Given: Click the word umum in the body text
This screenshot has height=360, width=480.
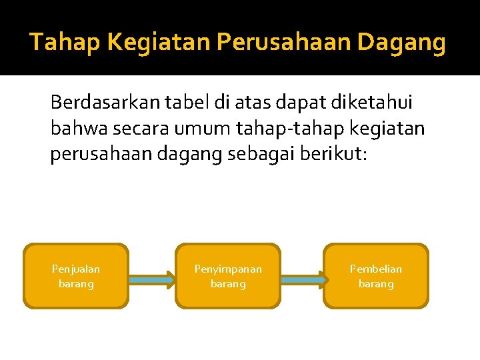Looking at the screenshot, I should pyautogui.click(x=190, y=127).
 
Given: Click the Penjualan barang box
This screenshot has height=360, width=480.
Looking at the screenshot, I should pyautogui.click(x=76, y=276).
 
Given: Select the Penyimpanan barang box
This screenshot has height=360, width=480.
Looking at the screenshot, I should pyautogui.click(x=228, y=276).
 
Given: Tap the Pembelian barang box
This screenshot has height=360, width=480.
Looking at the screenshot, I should pyautogui.click(x=376, y=276).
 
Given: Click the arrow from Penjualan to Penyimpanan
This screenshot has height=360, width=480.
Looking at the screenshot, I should pyautogui.click(x=152, y=281).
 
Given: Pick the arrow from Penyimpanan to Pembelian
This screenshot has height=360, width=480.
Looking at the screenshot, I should pyautogui.click(x=303, y=281).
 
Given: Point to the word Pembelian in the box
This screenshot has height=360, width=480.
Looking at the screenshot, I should pyautogui.click(x=376, y=269).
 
